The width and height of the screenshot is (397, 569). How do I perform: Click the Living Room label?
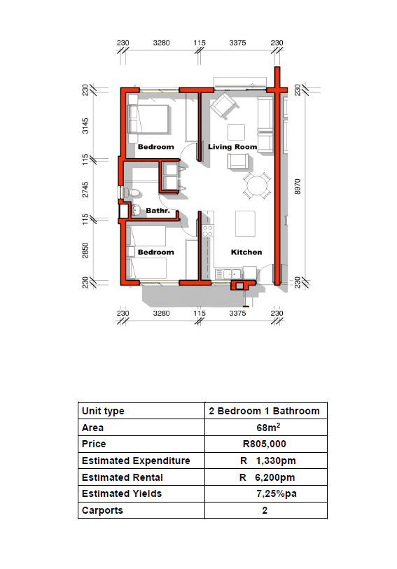click(232, 147)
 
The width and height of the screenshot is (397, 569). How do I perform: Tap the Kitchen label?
click(246, 252)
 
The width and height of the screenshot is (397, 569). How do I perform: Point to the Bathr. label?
click(158, 211)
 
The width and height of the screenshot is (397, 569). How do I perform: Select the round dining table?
click(257, 185)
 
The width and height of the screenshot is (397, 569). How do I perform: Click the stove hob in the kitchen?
click(208, 231)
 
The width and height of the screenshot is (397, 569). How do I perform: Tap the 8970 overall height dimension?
click(298, 186)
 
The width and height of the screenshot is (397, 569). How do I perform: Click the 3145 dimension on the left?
click(85, 126)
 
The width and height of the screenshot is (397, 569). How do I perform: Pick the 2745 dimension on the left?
click(85, 190)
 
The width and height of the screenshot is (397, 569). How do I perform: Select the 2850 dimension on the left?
click(85, 251)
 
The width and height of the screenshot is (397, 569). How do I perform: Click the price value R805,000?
click(265, 444)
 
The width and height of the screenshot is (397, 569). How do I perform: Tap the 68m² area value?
click(268, 428)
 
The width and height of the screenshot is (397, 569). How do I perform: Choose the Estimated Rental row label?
click(123, 477)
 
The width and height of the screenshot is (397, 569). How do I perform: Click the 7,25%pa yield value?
click(277, 494)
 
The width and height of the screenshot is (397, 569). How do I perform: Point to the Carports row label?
click(102, 511)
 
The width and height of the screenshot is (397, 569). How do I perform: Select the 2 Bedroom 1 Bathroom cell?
click(264, 411)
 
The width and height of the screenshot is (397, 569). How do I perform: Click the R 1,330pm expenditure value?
click(267, 461)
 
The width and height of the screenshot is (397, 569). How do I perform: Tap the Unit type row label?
click(103, 411)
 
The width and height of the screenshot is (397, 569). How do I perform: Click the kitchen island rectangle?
click(245, 223)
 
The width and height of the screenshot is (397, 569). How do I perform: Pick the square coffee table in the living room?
click(236, 132)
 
